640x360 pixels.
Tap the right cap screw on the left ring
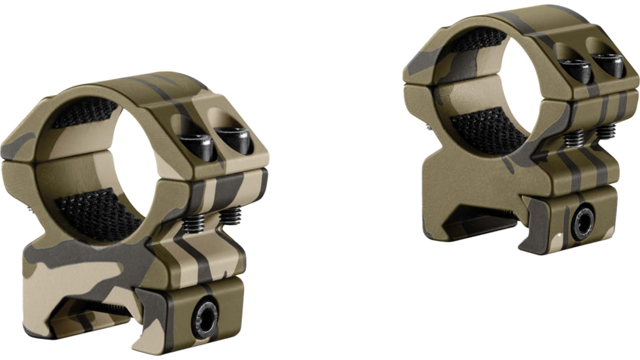click(234, 139)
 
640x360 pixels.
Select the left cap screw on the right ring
click(576, 69)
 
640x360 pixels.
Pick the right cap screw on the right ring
click(608, 63)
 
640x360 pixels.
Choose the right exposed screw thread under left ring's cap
click(229, 216)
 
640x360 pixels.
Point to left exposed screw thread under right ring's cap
click(574, 138)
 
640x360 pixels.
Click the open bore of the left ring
click(105, 164)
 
